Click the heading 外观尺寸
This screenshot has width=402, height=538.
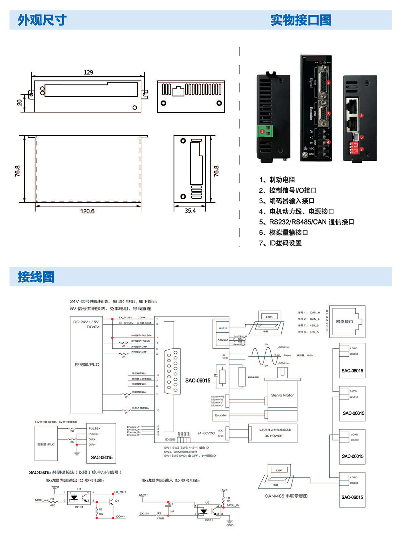coord(42,20)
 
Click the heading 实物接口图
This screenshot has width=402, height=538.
coord(301,20)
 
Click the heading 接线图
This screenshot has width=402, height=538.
coord(36,277)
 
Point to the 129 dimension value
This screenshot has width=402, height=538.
coord(88,72)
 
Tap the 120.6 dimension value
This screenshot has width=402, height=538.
coord(87,211)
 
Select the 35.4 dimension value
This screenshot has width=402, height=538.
coord(190,211)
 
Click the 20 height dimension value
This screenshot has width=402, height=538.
coord(19,103)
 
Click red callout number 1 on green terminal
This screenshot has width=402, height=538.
coord(262,132)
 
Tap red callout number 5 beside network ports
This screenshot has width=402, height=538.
coord(361,116)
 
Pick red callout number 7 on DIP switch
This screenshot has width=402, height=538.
coord(361,149)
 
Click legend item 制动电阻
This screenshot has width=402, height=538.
coord(277,180)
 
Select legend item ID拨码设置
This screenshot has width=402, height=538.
coord(280,243)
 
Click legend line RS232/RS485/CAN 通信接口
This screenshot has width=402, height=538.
coord(307,222)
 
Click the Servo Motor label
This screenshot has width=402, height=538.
coord(282,395)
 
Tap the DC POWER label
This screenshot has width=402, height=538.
coord(273,436)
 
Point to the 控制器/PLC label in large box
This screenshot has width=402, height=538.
coord(87,364)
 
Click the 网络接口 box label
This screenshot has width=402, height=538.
coord(345,322)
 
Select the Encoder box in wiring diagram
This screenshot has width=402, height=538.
coord(221,415)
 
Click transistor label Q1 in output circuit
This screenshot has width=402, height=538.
coord(117,501)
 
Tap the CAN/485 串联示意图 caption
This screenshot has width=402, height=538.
coord(286,496)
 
